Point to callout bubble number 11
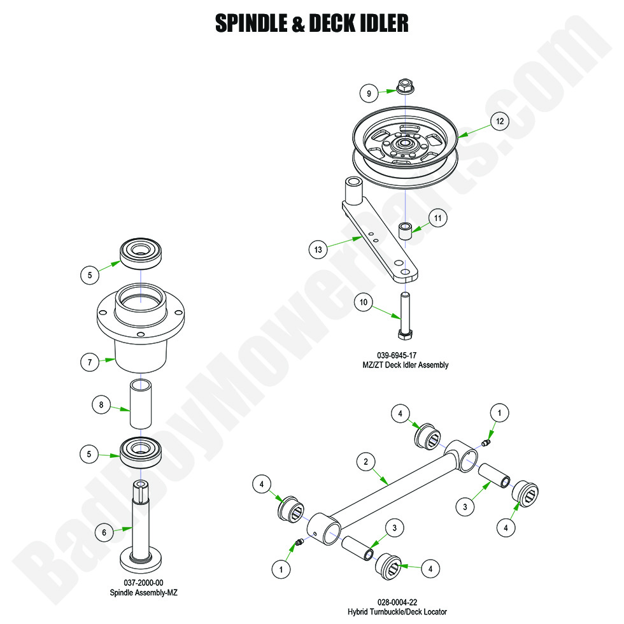pyautogui.click(x=437, y=218)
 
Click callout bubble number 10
pyautogui.click(x=362, y=303)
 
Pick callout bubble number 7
pyautogui.click(x=90, y=362)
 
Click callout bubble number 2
pyautogui.click(x=365, y=463)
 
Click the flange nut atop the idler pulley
pyautogui.click(x=406, y=85)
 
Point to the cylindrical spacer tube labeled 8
pyautogui.click(x=142, y=405)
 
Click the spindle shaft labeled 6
pyautogui.click(x=142, y=522)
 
